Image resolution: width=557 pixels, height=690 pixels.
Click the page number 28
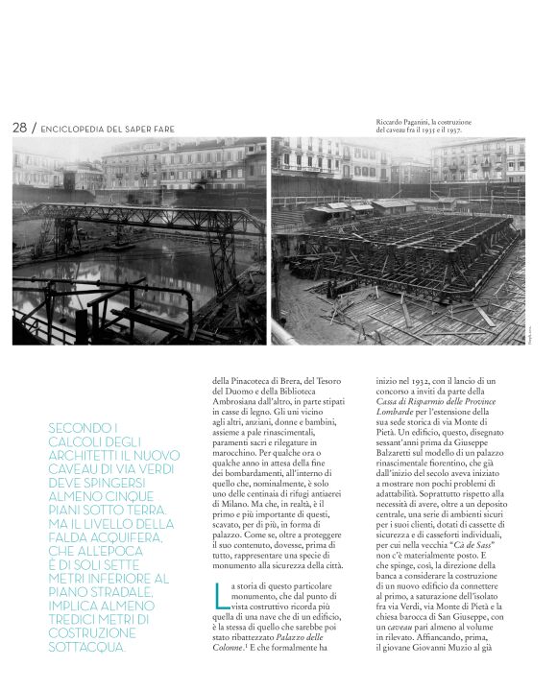point(18,128)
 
